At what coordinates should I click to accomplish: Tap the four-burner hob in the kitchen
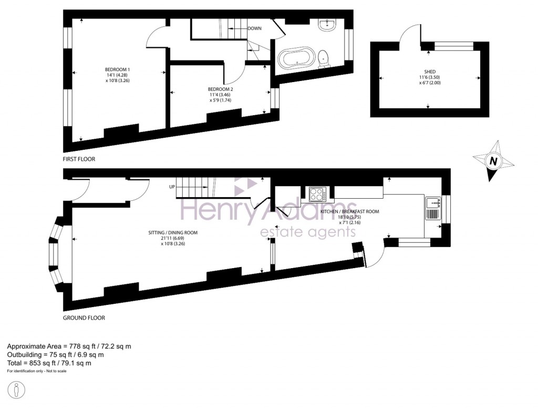click(317, 193)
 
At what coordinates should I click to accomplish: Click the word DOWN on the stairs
click(254, 28)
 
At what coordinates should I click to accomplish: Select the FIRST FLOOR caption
click(79, 159)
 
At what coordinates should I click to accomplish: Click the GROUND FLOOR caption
click(84, 318)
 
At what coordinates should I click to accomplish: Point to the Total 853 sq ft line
click(49, 363)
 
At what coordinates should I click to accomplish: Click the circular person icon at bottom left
click(18, 392)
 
